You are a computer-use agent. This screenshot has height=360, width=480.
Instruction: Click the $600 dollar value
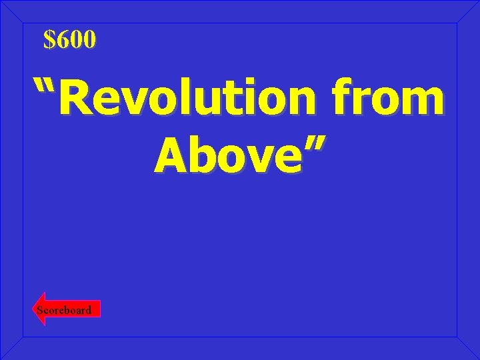pos(70,40)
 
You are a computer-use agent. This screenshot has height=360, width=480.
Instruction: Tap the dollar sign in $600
pos(49,40)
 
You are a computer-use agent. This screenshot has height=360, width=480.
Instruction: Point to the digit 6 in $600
pos(61,40)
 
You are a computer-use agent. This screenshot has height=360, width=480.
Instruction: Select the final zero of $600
pos(90,40)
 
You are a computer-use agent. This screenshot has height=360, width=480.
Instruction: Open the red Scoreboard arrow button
pos(67,309)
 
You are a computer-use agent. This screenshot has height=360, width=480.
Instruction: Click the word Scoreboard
pos(64,310)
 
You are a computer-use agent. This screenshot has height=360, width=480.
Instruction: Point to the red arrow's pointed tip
pos(35,309)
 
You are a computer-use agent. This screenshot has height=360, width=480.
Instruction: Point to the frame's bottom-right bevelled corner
pos(467,347)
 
